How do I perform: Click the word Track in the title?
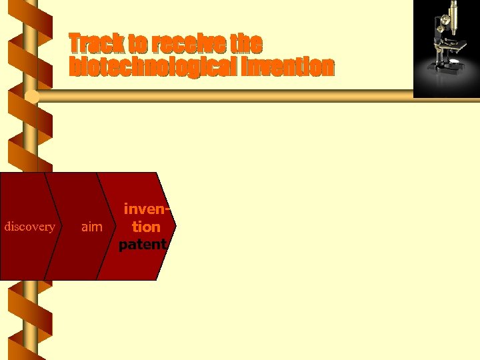(x=97, y=44)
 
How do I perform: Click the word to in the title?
(x=138, y=44)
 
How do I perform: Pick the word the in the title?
(x=246, y=44)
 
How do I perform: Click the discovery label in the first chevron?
(x=29, y=227)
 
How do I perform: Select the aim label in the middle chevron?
(x=91, y=227)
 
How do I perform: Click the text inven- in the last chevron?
(x=145, y=210)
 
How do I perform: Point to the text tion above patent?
(x=145, y=227)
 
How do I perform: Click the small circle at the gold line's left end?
(x=32, y=97)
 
